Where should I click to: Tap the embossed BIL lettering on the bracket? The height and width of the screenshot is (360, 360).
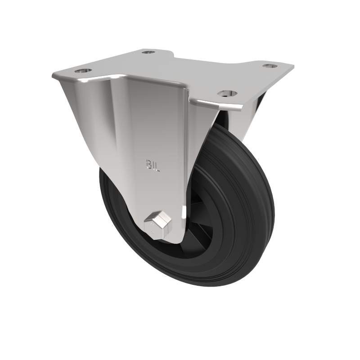(x=153, y=166)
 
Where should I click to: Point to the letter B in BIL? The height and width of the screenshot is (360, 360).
(x=148, y=165)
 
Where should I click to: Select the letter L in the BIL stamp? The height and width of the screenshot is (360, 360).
(x=158, y=166)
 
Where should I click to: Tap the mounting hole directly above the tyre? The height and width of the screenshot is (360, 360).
(x=227, y=94)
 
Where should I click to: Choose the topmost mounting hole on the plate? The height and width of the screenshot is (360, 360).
(x=148, y=52)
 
